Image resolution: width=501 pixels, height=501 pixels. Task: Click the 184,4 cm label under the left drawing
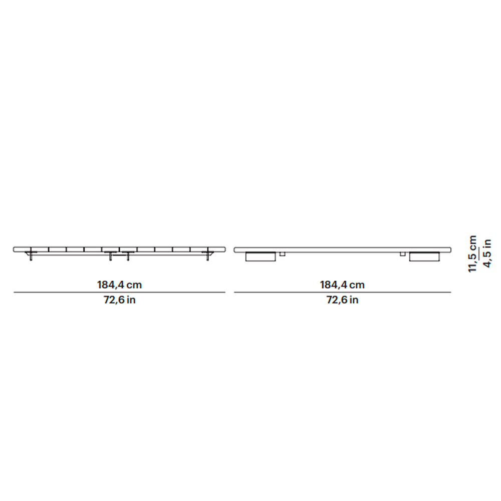(x=120, y=285)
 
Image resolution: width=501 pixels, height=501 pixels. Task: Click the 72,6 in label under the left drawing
(x=120, y=300)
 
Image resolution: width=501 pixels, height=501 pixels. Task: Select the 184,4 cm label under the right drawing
(x=342, y=285)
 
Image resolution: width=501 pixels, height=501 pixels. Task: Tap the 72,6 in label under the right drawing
(x=342, y=300)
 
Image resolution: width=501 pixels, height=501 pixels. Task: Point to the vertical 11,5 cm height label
(x=472, y=254)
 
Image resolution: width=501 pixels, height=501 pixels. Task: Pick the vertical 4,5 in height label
(x=487, y=254)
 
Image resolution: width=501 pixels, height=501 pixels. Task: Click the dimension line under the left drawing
(x=119, y=292)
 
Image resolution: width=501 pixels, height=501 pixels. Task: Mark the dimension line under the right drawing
(x=343, y=292)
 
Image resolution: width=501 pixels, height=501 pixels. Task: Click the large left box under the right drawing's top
(x=261, y=257)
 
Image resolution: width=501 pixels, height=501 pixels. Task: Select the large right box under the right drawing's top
(x=424, y=257)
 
